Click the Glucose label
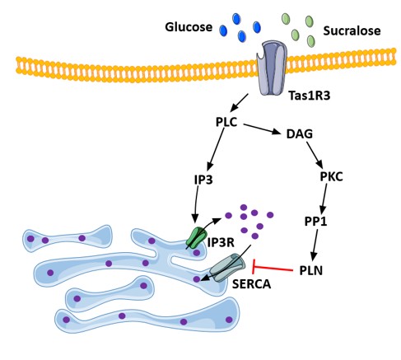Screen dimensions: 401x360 189,27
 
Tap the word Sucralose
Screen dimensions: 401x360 352,30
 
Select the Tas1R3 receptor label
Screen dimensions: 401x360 310,96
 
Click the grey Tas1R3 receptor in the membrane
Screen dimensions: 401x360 271,68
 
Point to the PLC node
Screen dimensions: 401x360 226,122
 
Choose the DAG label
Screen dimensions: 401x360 300,134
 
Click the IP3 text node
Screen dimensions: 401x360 203,180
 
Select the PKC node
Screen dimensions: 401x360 331,177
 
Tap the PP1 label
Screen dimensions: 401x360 315,222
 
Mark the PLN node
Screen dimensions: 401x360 311,271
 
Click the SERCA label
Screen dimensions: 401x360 251,284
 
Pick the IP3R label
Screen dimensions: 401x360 221,242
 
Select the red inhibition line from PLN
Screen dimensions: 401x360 273,267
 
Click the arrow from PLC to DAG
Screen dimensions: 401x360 263,129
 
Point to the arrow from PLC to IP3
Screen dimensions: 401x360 216,149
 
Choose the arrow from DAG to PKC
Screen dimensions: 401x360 315,155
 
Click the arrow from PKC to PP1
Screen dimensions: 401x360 324,199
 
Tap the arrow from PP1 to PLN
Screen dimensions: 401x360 315,245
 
